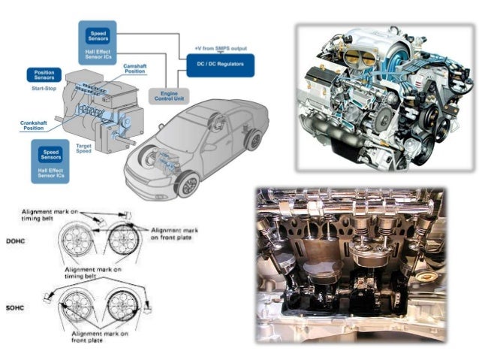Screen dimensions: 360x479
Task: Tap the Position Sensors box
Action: (44, 75)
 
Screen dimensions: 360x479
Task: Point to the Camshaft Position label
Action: (140, 69)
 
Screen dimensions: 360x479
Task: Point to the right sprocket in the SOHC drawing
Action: (121, 305)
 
